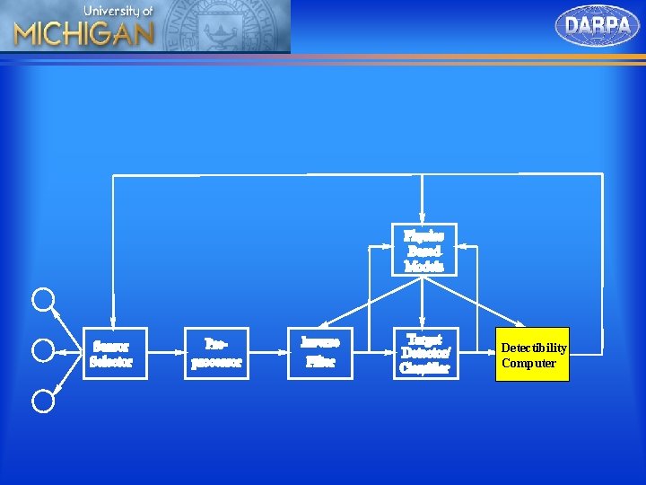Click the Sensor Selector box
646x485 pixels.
(114, 353)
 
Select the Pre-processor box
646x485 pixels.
(216, 353)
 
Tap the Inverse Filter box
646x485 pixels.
(320, 352)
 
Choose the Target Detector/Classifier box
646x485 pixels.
(425, 353)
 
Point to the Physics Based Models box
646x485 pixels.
(424, 250)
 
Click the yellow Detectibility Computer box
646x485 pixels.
(534, 355)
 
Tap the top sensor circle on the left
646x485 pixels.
(43, 299)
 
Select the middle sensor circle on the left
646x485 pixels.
(43, 349)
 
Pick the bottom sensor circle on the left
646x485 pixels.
(43, 401)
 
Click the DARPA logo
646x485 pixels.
(598, 25)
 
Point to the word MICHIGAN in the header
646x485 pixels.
(83, 33)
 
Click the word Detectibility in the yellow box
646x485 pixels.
(534, 348)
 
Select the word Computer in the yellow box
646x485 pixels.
(528, 363)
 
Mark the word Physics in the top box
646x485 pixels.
(424, 235)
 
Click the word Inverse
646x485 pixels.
(320, 343)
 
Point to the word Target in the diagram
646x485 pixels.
(425, 339)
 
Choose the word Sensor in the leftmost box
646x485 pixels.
(111, 346)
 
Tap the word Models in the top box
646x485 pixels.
(424, 266)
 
